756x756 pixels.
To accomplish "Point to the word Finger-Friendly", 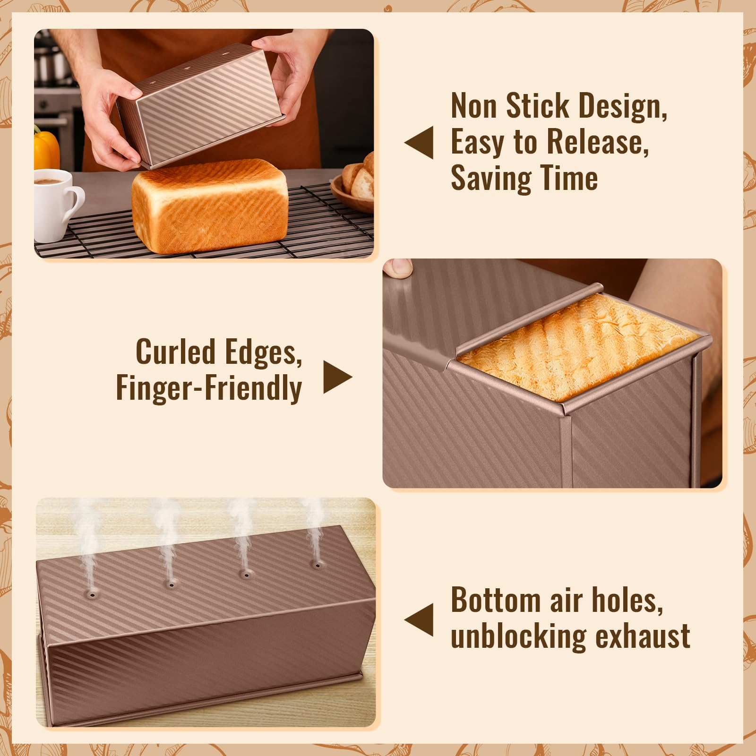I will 209,388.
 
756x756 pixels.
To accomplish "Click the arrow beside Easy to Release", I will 420,142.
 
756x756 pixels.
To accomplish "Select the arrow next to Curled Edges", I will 336,377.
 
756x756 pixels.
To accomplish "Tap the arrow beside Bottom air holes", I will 420,619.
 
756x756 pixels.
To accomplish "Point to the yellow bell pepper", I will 46,149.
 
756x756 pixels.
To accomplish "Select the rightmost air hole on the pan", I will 317,565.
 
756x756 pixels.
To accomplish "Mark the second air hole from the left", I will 171,585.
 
